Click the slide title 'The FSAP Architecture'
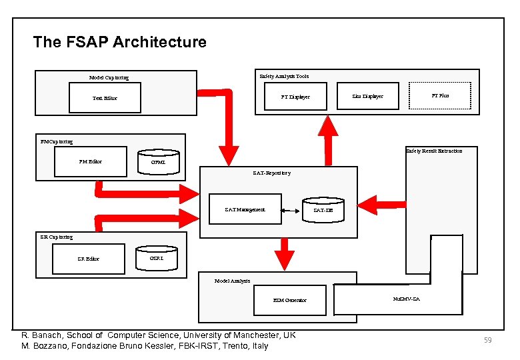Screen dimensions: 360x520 click(119, 43)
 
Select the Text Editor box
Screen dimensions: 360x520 click(105, 98)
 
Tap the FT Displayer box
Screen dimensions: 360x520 click(295, 97)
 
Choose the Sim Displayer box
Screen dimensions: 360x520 click(367, 96)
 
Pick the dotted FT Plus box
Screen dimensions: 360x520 click(440, 95)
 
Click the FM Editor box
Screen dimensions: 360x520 click(91, 161)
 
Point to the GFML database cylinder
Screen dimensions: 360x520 click(158, 161)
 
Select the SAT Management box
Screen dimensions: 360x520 click(245, 209)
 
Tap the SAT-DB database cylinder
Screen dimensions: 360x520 click(323, 209)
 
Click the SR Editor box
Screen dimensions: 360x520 click(87, 259)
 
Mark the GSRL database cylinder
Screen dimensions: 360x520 click(157, 257)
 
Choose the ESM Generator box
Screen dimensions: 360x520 click(290, 300)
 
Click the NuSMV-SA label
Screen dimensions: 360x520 click(407, 299)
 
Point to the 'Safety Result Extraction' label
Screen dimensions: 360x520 click(434, 151)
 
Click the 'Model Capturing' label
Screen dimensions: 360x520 click(109, 77)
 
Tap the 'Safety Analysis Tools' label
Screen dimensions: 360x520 click(284, 76)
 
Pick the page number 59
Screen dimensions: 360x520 click(487, 341)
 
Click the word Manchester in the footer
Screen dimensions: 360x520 click(256, 335)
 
